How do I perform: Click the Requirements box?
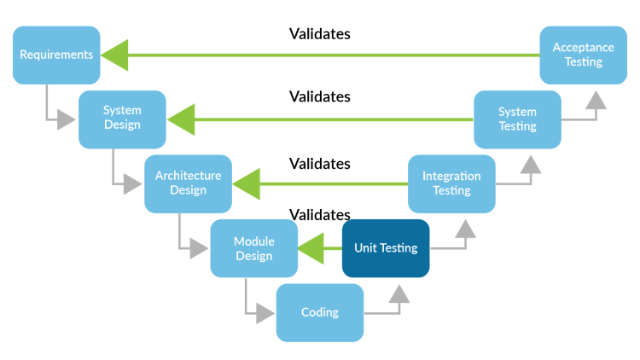click(x=56, y=55)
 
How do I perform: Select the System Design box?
click(x=122, y=119)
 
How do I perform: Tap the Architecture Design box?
click(x=188, y=183)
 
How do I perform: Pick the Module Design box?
click(x=253, y=248)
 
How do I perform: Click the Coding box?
click(x=320, y=312)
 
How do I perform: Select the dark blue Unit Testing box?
click(x=386, y=248)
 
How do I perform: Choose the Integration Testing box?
click(x=451, y=183)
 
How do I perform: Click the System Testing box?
click(x=517, y=119)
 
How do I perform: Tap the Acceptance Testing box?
click(x=584, y=55)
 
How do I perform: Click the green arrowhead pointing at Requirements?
click(x=116, y=55)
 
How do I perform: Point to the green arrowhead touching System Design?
click(x=182, y=119)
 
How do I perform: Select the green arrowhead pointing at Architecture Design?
click(x=247, y=184)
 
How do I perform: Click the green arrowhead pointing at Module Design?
click(x=312, y=248)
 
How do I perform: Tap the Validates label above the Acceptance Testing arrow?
click(x=320, y=34)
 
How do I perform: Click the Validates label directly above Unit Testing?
click(x=320, y=214)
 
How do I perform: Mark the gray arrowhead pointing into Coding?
click(x=265, y=313)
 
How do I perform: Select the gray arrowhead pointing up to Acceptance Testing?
click(x=596, y=99)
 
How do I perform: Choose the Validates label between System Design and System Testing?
click(x=320, y=96)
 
